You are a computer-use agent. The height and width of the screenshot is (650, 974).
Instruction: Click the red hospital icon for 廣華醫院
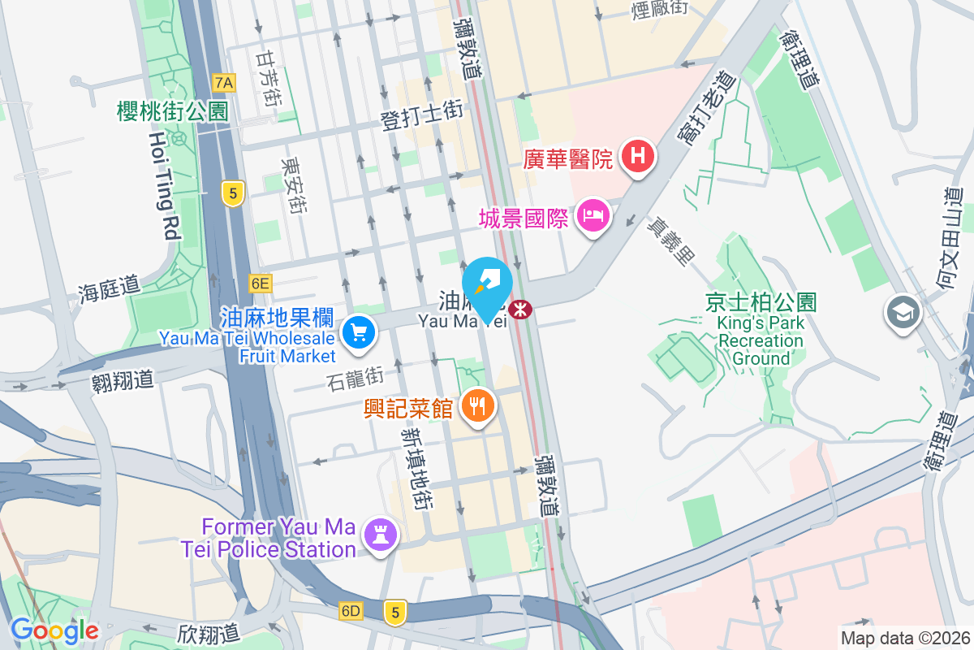(638, 157)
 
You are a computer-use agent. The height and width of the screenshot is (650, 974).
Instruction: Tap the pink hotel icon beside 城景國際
(593, 215)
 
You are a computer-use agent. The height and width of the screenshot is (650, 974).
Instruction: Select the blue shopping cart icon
(357, 331)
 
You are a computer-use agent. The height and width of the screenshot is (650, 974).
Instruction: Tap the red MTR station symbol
(519, 310)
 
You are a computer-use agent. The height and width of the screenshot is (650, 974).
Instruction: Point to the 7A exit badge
(224, 82)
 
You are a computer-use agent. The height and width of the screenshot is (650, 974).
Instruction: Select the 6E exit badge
(260, 283)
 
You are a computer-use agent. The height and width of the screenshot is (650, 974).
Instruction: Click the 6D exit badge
(351, 610)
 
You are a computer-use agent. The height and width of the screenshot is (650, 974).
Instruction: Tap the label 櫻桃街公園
(173, 111)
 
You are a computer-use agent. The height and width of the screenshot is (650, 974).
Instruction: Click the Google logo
(54, 630)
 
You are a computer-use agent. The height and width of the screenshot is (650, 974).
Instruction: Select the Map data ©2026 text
(904, 638)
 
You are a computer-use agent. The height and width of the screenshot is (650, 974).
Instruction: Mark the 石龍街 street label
(355, 378)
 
